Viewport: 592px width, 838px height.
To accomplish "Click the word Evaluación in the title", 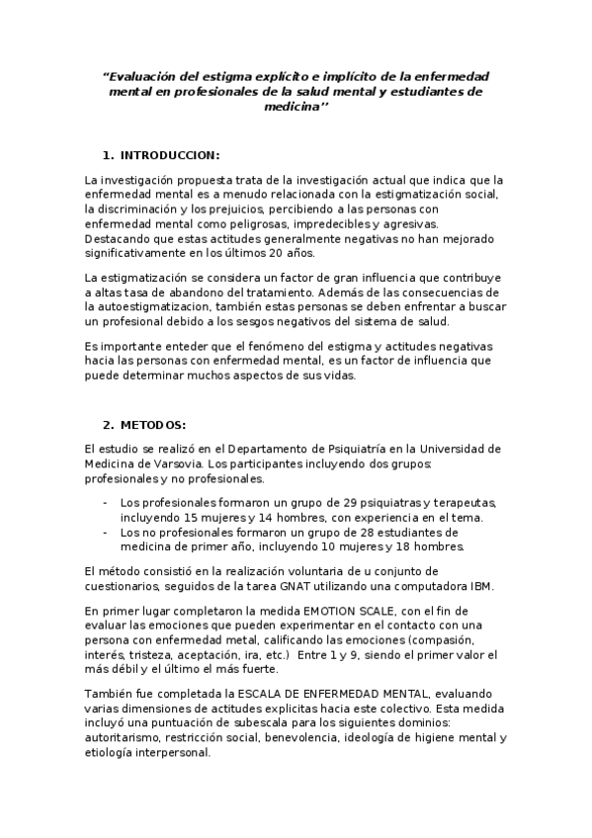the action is pos(148,76).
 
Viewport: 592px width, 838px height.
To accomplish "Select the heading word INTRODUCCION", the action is pos(169,155).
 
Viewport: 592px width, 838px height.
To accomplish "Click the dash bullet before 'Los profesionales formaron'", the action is pos(106,502).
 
